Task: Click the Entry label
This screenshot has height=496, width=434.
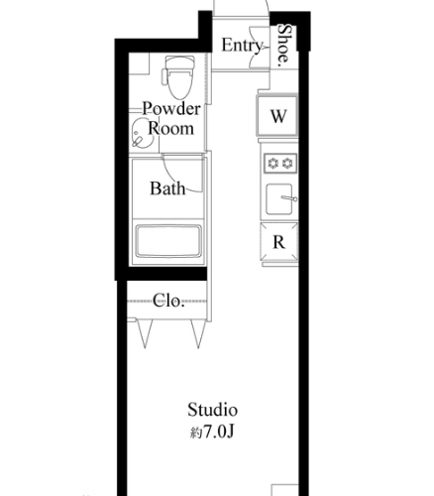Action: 242,46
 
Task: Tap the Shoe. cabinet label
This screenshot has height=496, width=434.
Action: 284,44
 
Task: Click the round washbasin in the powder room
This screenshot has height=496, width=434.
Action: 143,134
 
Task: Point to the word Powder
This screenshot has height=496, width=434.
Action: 171,109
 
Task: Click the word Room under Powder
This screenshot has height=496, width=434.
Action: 170,128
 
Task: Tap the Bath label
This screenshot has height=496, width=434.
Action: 167,188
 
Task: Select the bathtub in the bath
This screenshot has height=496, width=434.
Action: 168,241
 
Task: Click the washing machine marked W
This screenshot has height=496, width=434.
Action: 277,115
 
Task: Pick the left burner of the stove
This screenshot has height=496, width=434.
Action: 272,163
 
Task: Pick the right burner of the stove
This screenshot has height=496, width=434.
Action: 287,163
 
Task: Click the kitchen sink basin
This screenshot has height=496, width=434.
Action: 279,199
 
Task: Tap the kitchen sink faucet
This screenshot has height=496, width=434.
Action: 289,198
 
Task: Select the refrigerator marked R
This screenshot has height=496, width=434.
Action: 279,243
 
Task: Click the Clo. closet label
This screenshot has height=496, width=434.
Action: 168,301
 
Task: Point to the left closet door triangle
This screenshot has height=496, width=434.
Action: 145,333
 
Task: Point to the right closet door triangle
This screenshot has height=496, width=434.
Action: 198,333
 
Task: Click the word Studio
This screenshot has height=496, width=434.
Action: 213,410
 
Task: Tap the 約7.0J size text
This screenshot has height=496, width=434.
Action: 212,432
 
